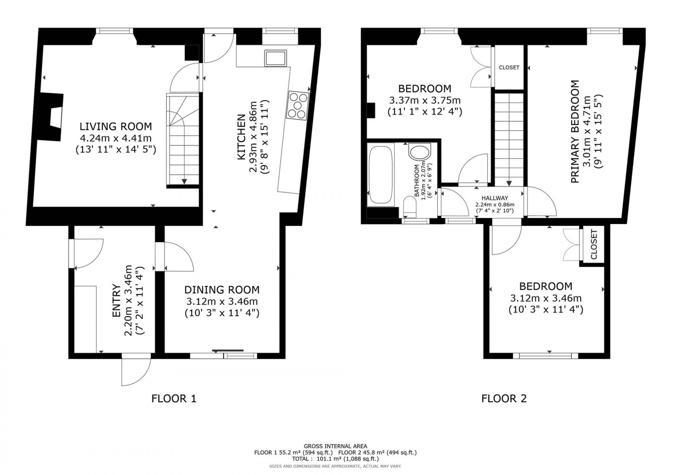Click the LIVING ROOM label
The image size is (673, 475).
116,126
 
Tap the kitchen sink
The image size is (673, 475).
276,58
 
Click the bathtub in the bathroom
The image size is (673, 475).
381,175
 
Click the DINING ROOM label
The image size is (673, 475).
222,290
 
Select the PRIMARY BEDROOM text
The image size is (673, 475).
575,132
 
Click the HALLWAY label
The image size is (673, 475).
495,198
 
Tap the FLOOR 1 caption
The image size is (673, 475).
174,398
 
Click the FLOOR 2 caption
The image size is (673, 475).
504,398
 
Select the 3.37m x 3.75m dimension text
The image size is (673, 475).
425,100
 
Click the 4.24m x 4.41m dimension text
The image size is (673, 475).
116,138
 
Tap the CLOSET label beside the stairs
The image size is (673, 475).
509,68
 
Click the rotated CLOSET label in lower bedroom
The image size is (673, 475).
594,244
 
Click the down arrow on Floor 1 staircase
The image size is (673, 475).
184,181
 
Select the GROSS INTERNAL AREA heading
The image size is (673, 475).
335,446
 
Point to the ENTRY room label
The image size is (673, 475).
117,301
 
